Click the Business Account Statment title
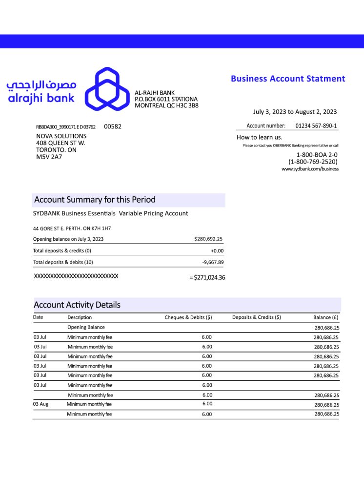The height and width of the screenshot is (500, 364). pos(288,79)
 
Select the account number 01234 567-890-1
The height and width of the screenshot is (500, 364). pos(316,125)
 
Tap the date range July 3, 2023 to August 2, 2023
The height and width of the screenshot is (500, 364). pos(295,112)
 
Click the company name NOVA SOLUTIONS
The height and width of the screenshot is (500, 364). pos(61,136)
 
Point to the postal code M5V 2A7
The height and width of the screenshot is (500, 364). pos(49,157)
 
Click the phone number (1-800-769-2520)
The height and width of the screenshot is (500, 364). pos(313,162)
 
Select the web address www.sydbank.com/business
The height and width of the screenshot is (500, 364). pos(310,169)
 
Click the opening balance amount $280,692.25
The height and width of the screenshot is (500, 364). pos(208,239)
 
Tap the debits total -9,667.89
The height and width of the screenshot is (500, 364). pos(213,262)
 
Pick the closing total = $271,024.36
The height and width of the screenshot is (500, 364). pos(207,278)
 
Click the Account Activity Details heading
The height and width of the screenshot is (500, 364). pos(77,305)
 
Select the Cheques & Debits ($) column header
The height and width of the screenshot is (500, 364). pos(188,317)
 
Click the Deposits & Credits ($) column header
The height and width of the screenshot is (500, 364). pos(257,317)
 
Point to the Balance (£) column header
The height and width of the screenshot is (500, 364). pos(326,317)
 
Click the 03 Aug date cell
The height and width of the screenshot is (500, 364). pos(41,404)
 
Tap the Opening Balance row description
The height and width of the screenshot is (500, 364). pos(86,327)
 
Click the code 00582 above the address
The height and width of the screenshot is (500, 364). pos(113,126)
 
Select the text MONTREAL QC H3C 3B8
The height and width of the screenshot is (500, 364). pos(166,105)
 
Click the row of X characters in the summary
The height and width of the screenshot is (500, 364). pos(76,276)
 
